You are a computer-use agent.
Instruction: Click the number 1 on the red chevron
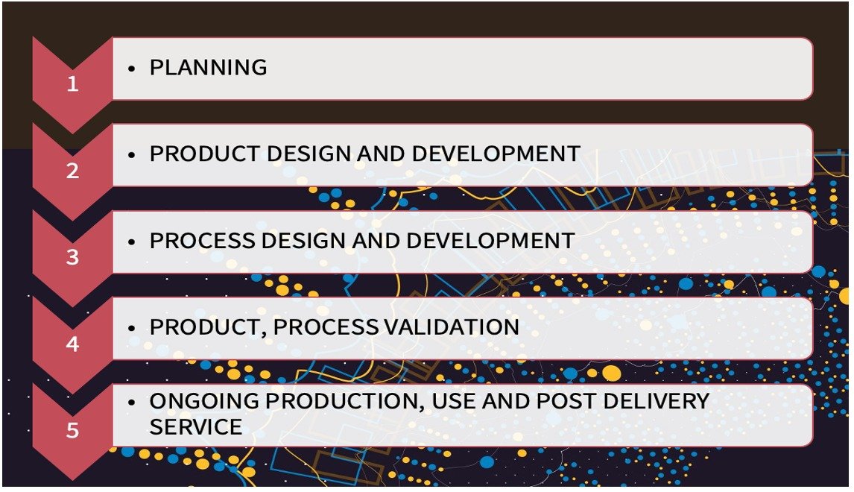[x=72, y=84]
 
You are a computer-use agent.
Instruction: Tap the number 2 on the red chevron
[x=72, y=171]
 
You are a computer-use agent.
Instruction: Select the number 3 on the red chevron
[x=72, y=257]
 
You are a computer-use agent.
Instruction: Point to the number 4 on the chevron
[x=72, y=344]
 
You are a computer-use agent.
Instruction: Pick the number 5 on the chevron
[x=72, y=431]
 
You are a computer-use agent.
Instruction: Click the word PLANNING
[x=208, y=68]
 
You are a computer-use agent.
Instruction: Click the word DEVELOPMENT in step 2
[x=496, y=154]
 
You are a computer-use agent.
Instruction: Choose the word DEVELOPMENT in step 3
[x=490, y=241]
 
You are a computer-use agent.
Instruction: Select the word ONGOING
[x=204, y=401]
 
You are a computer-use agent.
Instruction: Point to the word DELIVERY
[x=656, y=401]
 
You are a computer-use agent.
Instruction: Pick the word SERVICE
[x=195, y=427]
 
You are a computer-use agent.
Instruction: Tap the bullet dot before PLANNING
[x=131, y=68]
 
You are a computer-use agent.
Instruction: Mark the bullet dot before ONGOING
[x=131, y=401]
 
